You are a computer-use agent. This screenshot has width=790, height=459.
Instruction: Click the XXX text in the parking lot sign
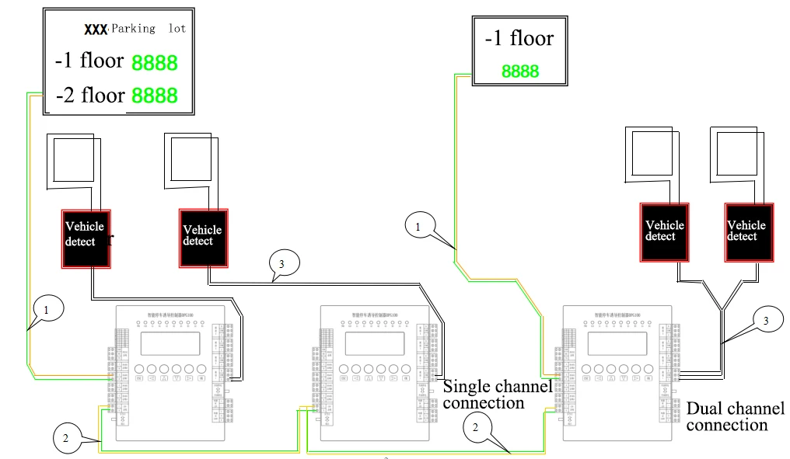[x=95, y=29]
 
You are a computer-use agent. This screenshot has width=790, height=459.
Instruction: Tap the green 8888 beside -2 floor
[x=154, y=96]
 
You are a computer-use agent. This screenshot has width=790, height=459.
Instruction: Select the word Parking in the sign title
[x=134, y=29]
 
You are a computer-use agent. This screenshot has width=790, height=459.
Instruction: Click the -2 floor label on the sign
[x=90, y=96]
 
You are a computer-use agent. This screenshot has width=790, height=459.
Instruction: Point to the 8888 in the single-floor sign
[x=519, y=71]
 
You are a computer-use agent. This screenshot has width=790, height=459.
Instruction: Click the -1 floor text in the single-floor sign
[x=519, y=39]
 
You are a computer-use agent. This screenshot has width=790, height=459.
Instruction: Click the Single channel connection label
[x=498, y=395]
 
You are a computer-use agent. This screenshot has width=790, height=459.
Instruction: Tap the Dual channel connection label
[x=736, y=416]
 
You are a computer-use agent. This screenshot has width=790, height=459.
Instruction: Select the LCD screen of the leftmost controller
[x=170, y=344]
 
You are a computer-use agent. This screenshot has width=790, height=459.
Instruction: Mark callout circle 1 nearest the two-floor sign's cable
[x=47, y=308]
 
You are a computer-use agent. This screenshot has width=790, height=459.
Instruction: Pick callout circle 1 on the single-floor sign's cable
[x=419, y=227]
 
